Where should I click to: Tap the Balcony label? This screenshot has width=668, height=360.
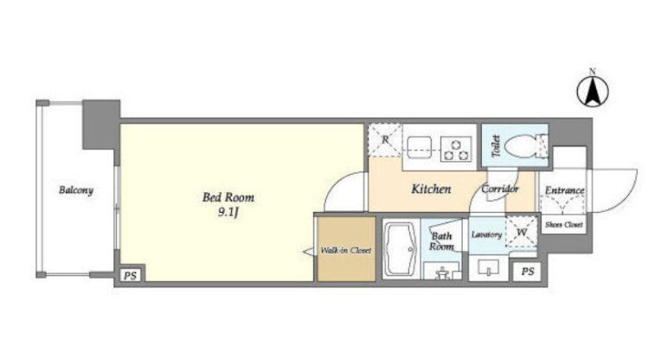76,190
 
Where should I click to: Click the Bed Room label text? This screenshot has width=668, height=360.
228,197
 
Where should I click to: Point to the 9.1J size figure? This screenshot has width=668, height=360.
228,212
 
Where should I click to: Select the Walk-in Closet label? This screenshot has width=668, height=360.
345,250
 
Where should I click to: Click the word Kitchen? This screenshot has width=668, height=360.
431,189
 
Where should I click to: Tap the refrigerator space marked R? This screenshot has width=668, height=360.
385,139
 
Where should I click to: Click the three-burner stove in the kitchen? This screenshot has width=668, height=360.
456,149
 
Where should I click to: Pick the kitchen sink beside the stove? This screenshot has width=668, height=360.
421,149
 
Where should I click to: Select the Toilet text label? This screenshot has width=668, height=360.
496,145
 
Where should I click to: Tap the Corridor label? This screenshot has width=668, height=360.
500,189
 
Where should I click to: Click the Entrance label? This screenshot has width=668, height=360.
564,190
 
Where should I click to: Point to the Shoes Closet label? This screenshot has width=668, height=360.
563,224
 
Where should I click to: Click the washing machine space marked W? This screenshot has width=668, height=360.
522,232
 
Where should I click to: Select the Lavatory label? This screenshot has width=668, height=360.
486,235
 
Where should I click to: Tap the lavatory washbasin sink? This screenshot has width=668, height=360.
488,267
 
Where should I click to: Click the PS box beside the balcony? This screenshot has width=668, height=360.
131,276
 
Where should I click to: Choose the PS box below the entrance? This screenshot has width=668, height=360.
527,272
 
